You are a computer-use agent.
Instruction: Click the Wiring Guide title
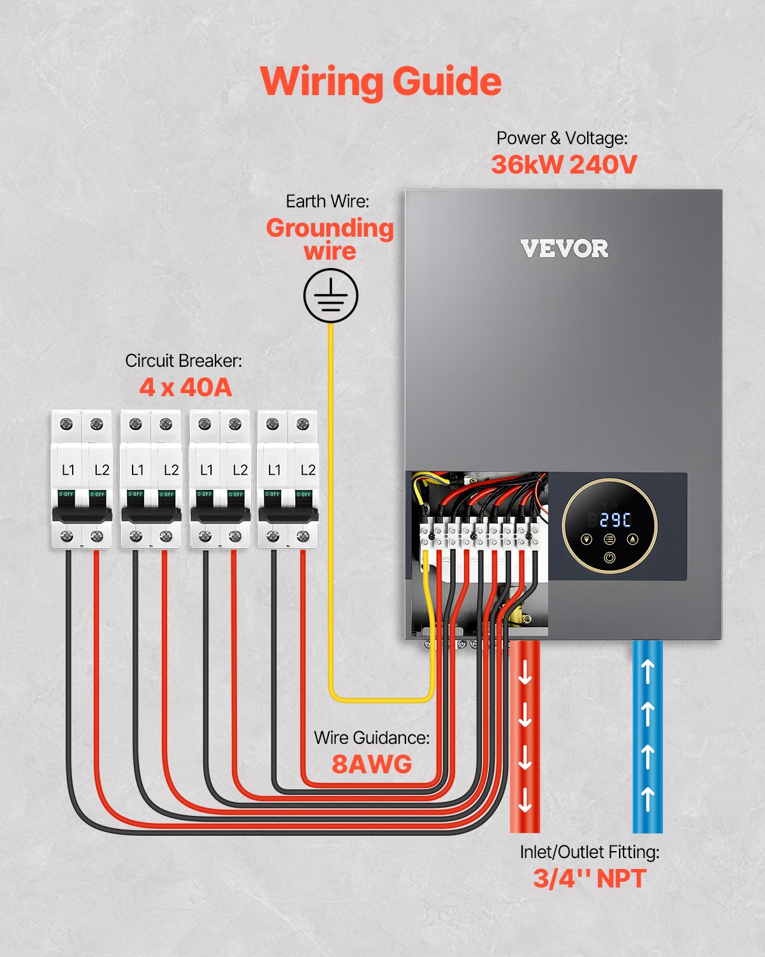coord(381,82)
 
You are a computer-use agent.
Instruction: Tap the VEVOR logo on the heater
coord(564,249)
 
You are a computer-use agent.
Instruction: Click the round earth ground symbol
coord(330,295)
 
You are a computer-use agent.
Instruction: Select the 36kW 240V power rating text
coord(564,165)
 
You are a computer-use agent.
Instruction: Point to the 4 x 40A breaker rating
coord(186,387)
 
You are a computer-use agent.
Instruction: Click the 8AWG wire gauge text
coord(372,764)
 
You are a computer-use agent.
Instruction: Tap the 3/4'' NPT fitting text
coord(589,879)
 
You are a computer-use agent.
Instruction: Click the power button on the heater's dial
coord(609,558)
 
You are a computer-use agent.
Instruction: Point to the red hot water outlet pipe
coord(525,734)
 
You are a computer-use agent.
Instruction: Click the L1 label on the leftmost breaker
coord(68,470)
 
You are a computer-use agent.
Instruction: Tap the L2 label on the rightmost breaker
coord(308,470)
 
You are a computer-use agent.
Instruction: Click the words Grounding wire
coord(330,239)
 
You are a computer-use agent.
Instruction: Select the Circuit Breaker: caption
coord(184,360)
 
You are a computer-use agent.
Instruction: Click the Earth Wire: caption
coord(327,201)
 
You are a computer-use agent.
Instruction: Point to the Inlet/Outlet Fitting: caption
coord(589,852)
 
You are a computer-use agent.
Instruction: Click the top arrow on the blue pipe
coord(647,672)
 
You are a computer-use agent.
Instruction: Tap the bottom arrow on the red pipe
coord(525,800)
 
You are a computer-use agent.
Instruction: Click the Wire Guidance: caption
coord(372,738)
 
